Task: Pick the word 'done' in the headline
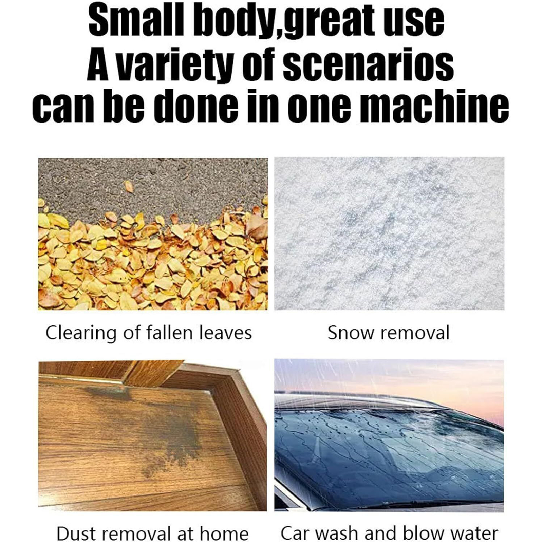[195, 106]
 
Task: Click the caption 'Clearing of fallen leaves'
[149, 333]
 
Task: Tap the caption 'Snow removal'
[388, 333]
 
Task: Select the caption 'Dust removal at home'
[152, 533]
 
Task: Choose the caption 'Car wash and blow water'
[389, 533]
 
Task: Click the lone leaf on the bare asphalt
[129, 186]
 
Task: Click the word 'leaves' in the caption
[225, 333]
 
